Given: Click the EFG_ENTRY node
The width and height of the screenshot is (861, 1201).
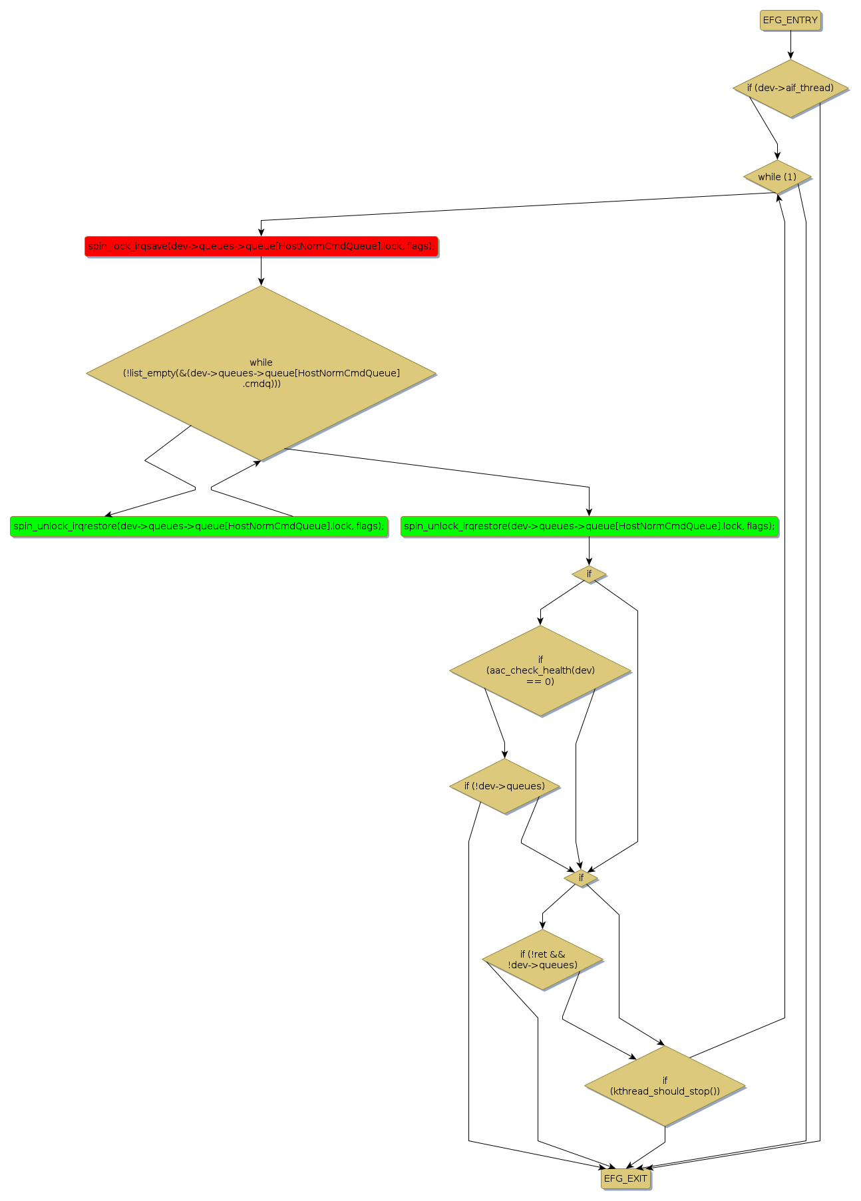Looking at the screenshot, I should tap(790, 20).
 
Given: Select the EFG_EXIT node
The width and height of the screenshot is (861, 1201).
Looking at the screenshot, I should tap(625, 1178).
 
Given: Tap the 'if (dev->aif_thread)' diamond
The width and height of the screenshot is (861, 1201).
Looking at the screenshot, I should tap(790, 88).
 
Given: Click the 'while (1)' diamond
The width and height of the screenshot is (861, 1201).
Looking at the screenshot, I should tap(776, 177).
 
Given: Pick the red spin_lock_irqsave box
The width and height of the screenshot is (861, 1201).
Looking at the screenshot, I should tap(261, 246).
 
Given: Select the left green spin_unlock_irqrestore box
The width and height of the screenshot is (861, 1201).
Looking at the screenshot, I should tap(198, 526).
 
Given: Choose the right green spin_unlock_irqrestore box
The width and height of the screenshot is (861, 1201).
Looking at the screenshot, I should tap(589, 526).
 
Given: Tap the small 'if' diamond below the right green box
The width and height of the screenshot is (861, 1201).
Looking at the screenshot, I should tap(589, 574).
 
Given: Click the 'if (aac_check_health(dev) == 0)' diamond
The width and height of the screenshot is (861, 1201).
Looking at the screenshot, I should tap(540, 670).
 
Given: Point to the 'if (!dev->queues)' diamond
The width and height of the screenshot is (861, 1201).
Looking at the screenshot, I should tap(504, 786).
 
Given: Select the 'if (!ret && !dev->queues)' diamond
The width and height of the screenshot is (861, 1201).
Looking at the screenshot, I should tap(542, 960).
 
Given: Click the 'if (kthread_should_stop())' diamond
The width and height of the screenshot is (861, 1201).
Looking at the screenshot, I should tap(665, 1085).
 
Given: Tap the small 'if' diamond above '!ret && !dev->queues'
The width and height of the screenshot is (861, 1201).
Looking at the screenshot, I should tap(581, 878).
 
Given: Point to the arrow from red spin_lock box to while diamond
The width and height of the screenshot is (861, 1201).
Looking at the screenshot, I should tap(261, 271).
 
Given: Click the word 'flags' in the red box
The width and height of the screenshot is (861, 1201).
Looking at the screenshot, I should tap(418, 246).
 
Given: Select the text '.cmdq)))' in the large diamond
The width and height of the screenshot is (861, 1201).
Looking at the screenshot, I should tap(261, 384).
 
